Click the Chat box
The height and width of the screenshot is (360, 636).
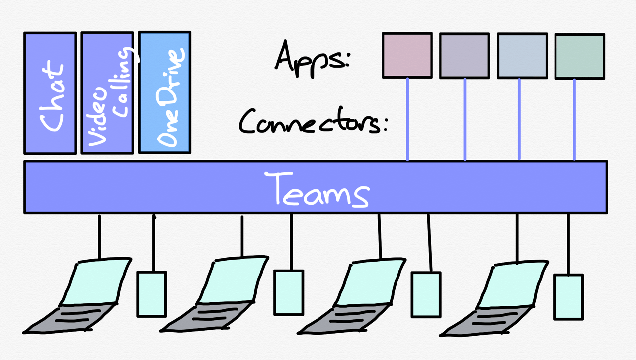pyautogui.click(x=50, y=93)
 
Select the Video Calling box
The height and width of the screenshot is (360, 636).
pyautogui.click(x=107, y=93)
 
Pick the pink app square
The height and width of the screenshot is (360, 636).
pyautogui.click(x=407, y=55)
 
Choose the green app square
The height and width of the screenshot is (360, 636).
pyautogui.click(x=579, y=56)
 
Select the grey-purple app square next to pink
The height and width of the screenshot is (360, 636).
pyautogui.click(x=465, y=56)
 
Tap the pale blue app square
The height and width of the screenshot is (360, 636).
pyautogui.click(x=522, y=56)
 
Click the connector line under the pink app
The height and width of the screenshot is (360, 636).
pyautogui.click(x=407, y=119)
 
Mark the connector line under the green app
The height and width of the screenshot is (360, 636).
pyautogui.click(x=574, y=119)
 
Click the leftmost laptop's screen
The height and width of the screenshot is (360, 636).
pyautogui.click(x=98, y=281)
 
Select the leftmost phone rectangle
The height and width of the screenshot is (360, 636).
pyautogui.click(x=152, y=294)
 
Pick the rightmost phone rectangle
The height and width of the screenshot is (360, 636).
pyautogui.click(x=568, y=297)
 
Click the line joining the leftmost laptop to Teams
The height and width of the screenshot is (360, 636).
pyautogui.click(x=99, y=237)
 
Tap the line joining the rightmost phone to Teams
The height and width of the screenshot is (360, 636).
pyautogui.click(x=568, y=244)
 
